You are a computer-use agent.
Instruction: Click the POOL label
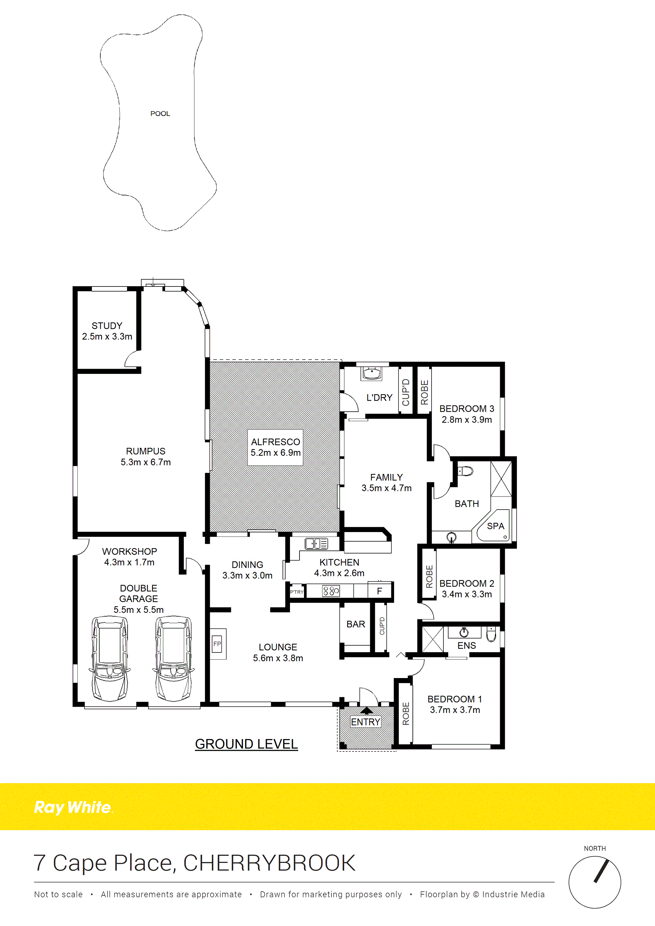click(160, 114)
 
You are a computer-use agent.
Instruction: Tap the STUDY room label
click(107, 325)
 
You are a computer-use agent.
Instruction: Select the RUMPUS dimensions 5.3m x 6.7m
click(146, 462)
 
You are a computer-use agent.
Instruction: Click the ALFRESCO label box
click(275, 447)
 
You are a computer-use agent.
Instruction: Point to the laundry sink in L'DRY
click(371, 373)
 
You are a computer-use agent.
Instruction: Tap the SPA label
click(496, 526)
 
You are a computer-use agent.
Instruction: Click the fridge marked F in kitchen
click(380, 590)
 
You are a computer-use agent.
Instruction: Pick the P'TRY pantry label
click(297, 592)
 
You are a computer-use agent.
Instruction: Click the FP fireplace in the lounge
click(218, 644)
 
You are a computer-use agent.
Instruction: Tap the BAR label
click(356, 624)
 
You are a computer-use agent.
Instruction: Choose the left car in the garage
click(110, 658)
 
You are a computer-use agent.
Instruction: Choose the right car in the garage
click(173, 658)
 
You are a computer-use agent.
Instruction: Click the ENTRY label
click(365, 722)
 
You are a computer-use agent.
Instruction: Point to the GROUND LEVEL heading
click(246, 744)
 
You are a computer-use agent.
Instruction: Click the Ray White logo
click(73, 807)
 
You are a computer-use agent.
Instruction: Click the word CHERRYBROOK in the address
click(270, 863)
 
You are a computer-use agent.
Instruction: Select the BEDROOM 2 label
click(467, 583)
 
